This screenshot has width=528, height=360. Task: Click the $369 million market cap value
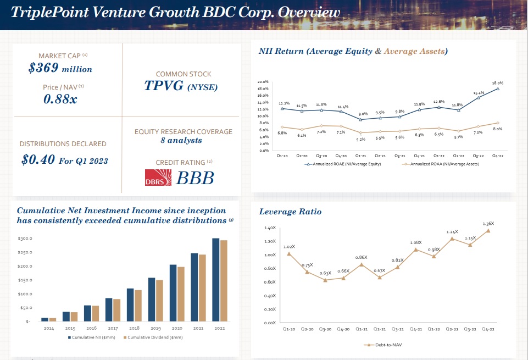pos(60,69)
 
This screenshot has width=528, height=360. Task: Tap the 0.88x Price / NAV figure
pos(60,99)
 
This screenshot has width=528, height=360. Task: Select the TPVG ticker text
pos(163,86)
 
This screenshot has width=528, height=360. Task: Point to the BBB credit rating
pos(194,178)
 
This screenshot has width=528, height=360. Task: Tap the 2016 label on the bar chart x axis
pos(92,328)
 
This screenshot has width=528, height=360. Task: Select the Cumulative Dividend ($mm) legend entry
pos(155,337)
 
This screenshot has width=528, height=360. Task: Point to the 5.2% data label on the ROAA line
pos(360,140)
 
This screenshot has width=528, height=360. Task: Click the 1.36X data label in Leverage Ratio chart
pos(488,224)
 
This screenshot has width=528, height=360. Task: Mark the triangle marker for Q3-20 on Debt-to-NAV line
pos(325,280)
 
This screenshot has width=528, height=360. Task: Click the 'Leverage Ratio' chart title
pos(290,212)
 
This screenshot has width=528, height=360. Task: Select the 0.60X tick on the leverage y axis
pos(269,282)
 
